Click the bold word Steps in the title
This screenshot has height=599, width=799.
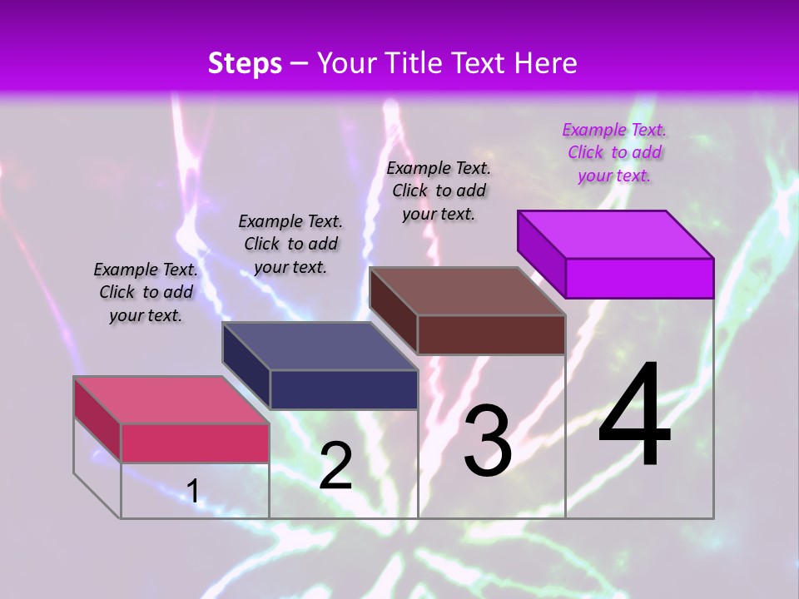pos(245,63)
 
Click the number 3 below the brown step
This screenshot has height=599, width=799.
pos(488,441)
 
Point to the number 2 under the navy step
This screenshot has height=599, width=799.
pos(335,466)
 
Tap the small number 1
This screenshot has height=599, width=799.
pos(192,491)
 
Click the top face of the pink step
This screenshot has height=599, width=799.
pos(171,400)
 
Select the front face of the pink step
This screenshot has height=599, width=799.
pos(195,443)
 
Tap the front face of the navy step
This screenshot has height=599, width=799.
pos(344,389)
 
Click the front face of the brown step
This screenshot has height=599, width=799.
pos(491,334)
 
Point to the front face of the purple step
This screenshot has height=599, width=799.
pos(639,278)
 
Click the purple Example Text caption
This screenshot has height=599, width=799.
pos(614,152)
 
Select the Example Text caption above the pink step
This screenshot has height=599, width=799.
pos(146,292)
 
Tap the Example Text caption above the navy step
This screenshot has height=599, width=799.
pos(290,244)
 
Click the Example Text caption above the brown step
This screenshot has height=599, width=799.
pos(439,191)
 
